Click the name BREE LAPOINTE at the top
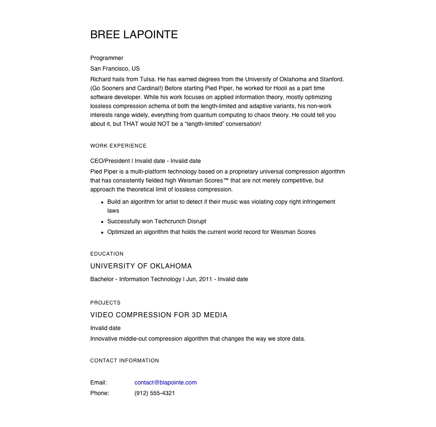tap(134, 34)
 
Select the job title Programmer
tap(106, 58)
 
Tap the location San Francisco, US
tap(115, 68)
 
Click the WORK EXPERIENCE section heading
tap(118, 146)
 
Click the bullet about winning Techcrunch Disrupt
tap(156, 221)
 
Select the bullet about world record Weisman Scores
tap(211, 232)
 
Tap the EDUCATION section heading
tap(107, 254)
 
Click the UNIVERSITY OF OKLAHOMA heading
tap(141, 266)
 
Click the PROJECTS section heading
tap(105, 303)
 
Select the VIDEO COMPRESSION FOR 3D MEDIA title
tap(158, 315)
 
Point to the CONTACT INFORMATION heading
tap(124, 361)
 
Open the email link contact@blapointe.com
tap(165, 382)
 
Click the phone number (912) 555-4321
tap(155, 393)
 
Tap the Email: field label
tap(98, 382)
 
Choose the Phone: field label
tap(100, 393)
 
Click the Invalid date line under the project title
tap(105, 328)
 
